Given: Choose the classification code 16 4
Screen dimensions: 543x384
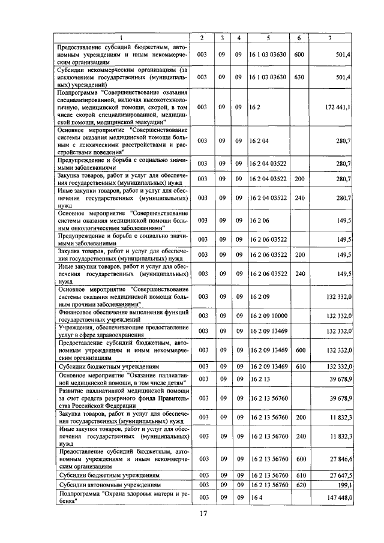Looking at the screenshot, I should tap(256, 497).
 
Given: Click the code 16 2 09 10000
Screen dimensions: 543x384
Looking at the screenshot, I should tap(268, 315).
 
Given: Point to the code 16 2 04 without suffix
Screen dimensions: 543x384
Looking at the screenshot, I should tap(259, 140).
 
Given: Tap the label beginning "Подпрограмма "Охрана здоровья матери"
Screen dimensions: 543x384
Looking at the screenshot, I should tap(123, 497).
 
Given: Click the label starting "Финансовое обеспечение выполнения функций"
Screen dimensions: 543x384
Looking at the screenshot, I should tap(123, 315).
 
